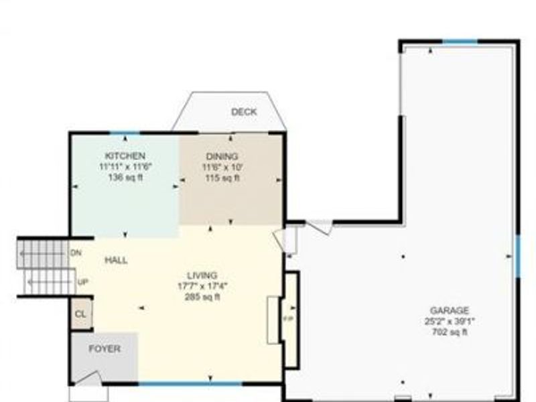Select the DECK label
pos(244,112)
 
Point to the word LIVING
pos(202,275)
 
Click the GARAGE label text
pos(449,310)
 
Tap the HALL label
pos(116,260)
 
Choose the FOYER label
pos(105,349)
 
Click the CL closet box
pos(80,314)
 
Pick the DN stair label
pos(76,253)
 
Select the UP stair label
pos(83,282)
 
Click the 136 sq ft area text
pos(121,178)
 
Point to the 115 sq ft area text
pos(222,178)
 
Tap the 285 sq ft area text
pos(202,297)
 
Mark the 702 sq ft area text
pos(449,332)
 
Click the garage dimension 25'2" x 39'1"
pos(449,321)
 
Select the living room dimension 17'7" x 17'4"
pos(202,286)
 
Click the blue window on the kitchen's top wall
pos(121,133)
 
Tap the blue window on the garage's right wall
pos(517,255)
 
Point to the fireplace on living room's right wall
pos(290,319)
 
